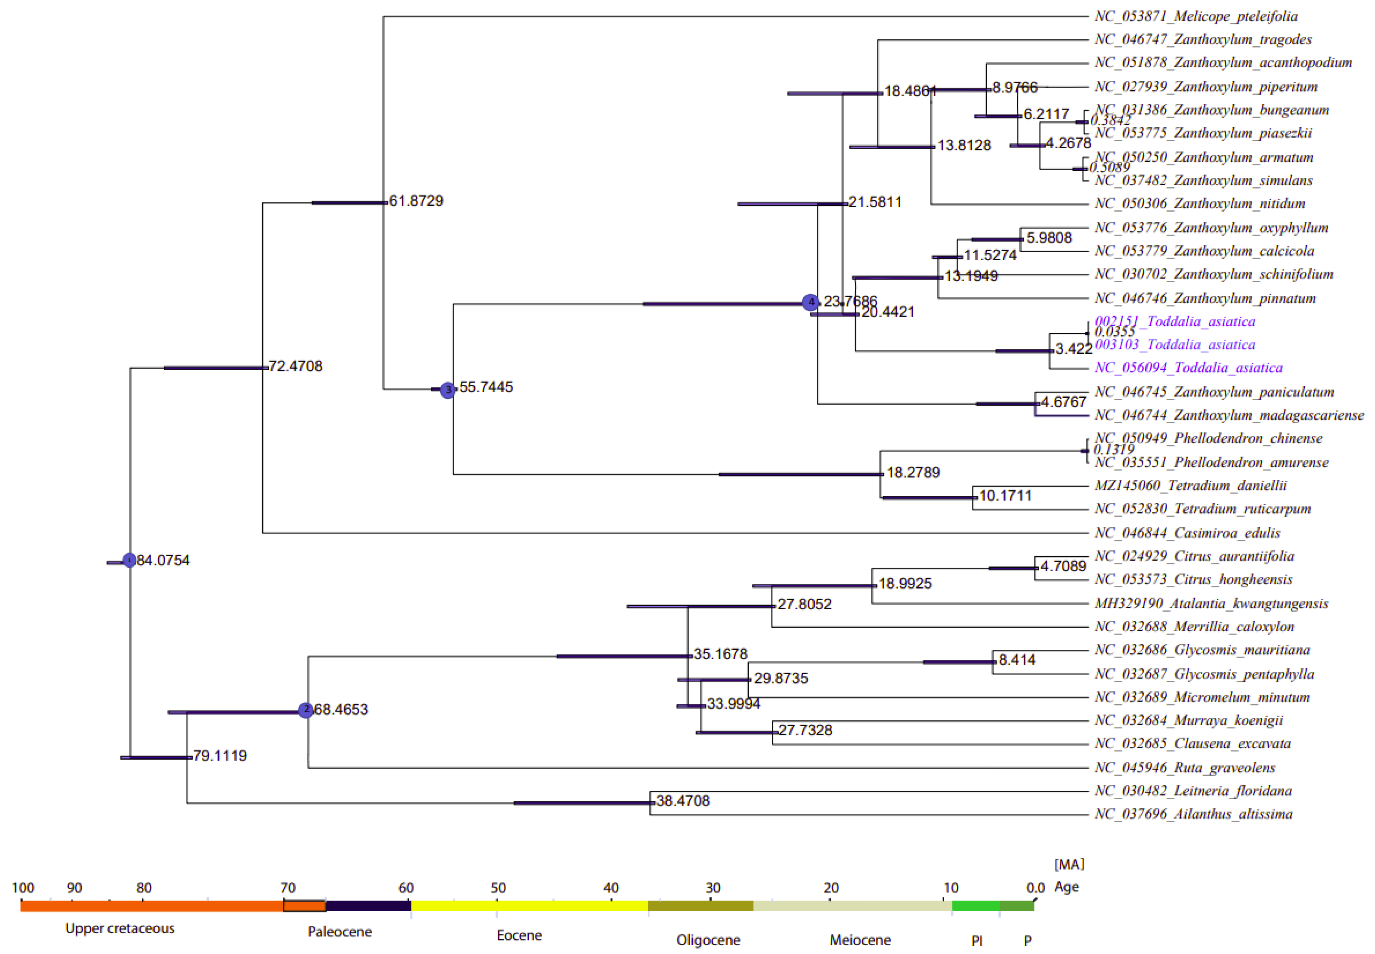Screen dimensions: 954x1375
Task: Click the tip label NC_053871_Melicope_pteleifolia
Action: (x=1196, y=16)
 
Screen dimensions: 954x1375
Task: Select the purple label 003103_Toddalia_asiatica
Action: (x=1175, y=345)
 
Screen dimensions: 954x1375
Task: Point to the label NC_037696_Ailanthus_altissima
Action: (x=1193, y=814)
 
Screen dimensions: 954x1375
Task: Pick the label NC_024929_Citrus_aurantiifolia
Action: (x=1194, y=556)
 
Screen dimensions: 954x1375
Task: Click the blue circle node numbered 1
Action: (x=129, y=560)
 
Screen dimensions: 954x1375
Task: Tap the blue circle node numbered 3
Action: (x=448, y=390)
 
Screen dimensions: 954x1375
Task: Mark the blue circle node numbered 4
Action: (x=810, y=302)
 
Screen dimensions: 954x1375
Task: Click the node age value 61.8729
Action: (x=416, y=201)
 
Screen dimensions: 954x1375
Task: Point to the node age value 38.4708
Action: (x=683, y=801)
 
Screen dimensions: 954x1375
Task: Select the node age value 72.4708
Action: (x=295, y=366)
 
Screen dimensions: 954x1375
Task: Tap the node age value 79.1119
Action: (x=219, y=756)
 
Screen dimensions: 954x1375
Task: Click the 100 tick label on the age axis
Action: (x=23, y=888)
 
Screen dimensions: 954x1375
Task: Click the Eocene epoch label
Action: (x=519, y=935)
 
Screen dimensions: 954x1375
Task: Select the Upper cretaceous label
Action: (x=120, y=928)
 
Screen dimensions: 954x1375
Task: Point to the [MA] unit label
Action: (x=1069, y=864)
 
